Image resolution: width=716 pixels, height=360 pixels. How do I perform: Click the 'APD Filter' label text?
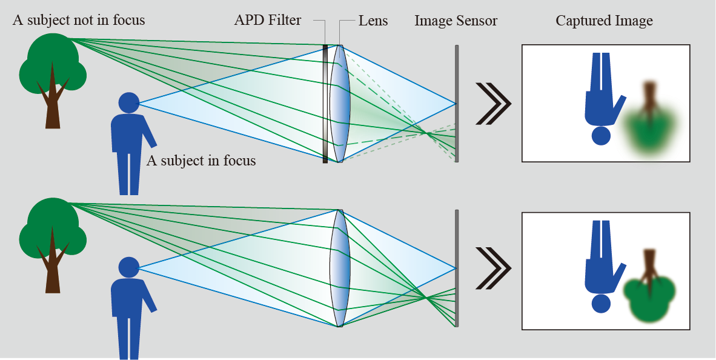click(267, 21)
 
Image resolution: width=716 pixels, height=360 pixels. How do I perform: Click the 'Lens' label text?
click(373, 21)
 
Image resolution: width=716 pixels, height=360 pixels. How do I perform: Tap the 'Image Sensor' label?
click(456, 21)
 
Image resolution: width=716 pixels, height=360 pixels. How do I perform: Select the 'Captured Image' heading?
click(604, 21)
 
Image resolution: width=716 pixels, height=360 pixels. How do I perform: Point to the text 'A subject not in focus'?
click(79, 20)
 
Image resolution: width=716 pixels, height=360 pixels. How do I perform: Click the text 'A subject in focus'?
click(201, 161)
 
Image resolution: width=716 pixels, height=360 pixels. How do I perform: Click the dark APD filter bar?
click(325, 103)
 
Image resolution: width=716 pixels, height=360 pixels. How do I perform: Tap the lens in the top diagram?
click(340, 103)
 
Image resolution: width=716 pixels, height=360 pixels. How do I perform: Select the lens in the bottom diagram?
click(340, 268)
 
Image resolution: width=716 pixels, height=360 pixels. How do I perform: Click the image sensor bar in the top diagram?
click(457, 103)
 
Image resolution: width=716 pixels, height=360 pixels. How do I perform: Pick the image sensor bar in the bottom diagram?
click(457, 268)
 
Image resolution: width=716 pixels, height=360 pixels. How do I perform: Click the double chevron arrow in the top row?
click(493, 103)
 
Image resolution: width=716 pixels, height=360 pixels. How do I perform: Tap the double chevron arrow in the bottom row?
click(493, 268)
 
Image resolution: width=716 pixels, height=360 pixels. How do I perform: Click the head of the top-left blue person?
click(128, 102)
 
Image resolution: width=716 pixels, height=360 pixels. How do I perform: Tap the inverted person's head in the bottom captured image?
click(601, 302)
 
